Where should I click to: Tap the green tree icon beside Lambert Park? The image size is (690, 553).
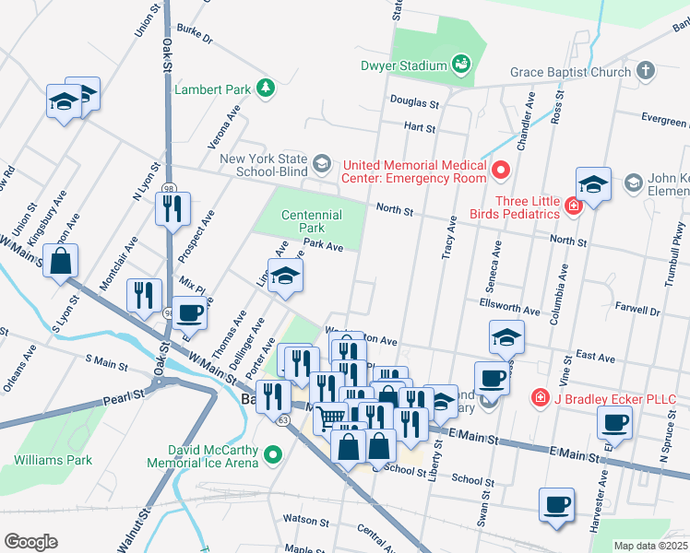[x=266, y=88]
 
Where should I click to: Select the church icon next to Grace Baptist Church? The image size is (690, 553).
[x=646, y=71]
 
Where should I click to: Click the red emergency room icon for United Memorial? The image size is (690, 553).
[x=501, y=169]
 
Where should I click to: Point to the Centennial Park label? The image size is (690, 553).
[x=311, y=221]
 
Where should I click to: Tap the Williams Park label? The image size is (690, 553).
[x=53, y=459]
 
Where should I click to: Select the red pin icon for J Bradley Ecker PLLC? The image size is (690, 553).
[x=540, y=398]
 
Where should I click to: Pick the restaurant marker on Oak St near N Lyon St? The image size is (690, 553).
[x=172, y=209]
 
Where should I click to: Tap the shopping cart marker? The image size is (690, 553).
[x=330, y=418]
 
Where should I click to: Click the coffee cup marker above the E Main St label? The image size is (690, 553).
[x=614, y=423]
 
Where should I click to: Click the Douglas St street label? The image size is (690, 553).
[x=413, y=103]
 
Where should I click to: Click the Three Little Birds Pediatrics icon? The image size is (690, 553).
[x=573, y=206]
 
